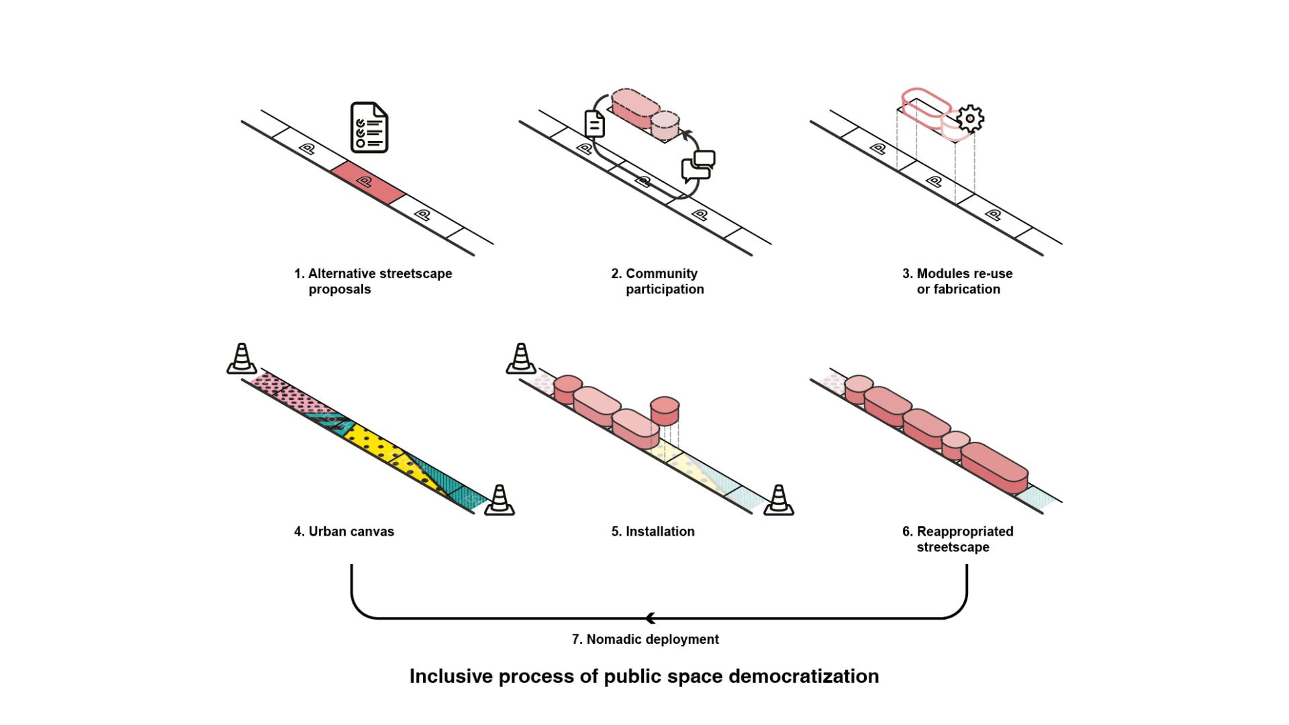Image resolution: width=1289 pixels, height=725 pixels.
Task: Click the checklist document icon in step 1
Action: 369,128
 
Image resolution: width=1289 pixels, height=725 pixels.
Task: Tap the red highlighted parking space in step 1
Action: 368,182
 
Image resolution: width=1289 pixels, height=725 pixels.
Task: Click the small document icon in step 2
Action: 595,124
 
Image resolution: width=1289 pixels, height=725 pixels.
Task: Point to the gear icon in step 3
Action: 969,119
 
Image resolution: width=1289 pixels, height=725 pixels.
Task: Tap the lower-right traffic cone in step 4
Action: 499,500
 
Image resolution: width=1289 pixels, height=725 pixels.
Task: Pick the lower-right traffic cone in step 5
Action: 778,500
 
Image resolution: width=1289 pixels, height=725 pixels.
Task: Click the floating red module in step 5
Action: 665,409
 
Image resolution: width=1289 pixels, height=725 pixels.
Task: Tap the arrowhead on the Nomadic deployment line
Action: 650,618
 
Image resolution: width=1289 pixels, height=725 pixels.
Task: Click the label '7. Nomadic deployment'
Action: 645,640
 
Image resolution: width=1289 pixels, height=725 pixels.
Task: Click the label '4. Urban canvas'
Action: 344,532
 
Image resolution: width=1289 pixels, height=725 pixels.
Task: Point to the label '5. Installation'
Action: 653,532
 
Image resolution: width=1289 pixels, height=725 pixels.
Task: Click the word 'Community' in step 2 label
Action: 661,274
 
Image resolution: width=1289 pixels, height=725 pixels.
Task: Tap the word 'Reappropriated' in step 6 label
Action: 965,532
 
